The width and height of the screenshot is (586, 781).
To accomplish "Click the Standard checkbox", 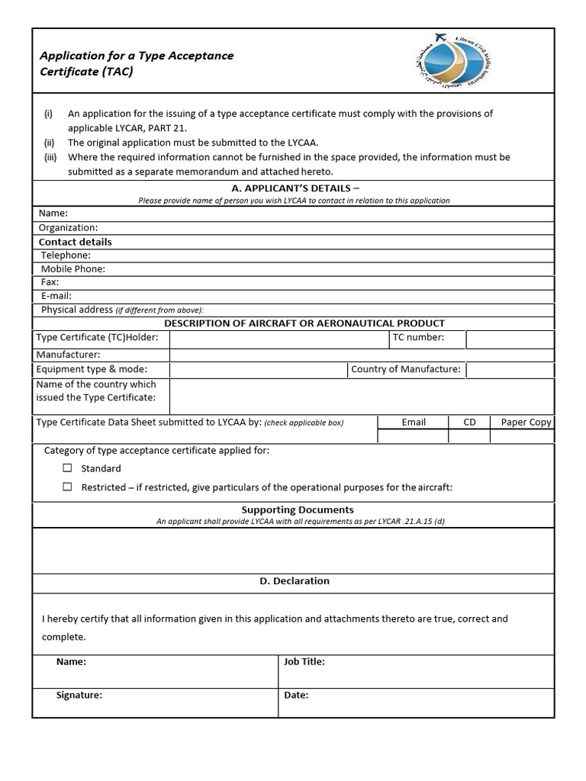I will (x=67, y=468).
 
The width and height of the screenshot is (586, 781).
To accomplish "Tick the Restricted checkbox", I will (x=67, y=487).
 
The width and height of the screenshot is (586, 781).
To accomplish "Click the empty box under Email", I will (x=413, y=436).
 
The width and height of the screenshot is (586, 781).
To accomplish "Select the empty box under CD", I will (x=469, y=436).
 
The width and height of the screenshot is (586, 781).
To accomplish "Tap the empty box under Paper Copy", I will (x=521, y=436).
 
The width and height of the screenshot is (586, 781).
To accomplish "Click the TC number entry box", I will (x=510, y=339).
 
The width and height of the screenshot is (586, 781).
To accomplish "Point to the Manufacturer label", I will (x=69, y=355).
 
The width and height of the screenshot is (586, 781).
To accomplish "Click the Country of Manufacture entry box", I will (x=510, y=370).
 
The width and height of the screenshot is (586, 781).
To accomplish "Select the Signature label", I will (x=79, y=696).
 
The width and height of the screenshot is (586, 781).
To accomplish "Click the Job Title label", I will (x=304, y=662).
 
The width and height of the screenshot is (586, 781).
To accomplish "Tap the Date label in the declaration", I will (x=296, y=696).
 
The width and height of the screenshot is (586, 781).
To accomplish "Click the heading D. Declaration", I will (x=295, y=581).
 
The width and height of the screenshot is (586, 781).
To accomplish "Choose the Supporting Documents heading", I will (x=298, y=509).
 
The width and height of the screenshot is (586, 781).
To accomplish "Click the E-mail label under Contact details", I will (x=56, y=296).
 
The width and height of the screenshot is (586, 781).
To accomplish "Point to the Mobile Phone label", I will (x=73, y=269).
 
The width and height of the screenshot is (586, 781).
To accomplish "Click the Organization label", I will (x=68, y=227).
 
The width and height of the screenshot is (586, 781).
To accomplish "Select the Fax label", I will (x=50, y=282).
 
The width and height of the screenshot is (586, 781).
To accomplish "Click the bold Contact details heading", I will (x=75, y=242).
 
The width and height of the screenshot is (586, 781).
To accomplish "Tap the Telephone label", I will (x=66, y=256).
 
